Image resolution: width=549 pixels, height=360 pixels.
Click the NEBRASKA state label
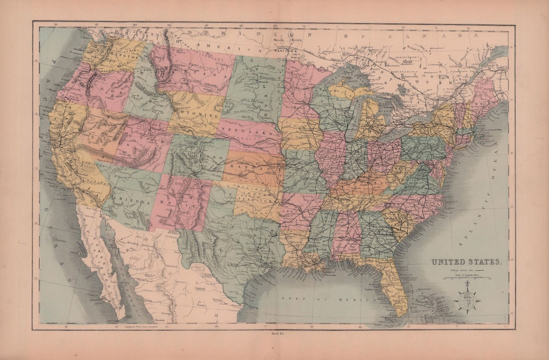pos(250,133)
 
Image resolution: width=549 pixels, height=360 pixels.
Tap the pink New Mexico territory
pos(181,202)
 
